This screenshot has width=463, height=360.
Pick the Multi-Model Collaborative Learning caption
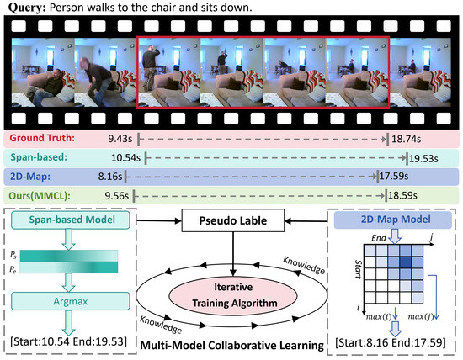(231, 346)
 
